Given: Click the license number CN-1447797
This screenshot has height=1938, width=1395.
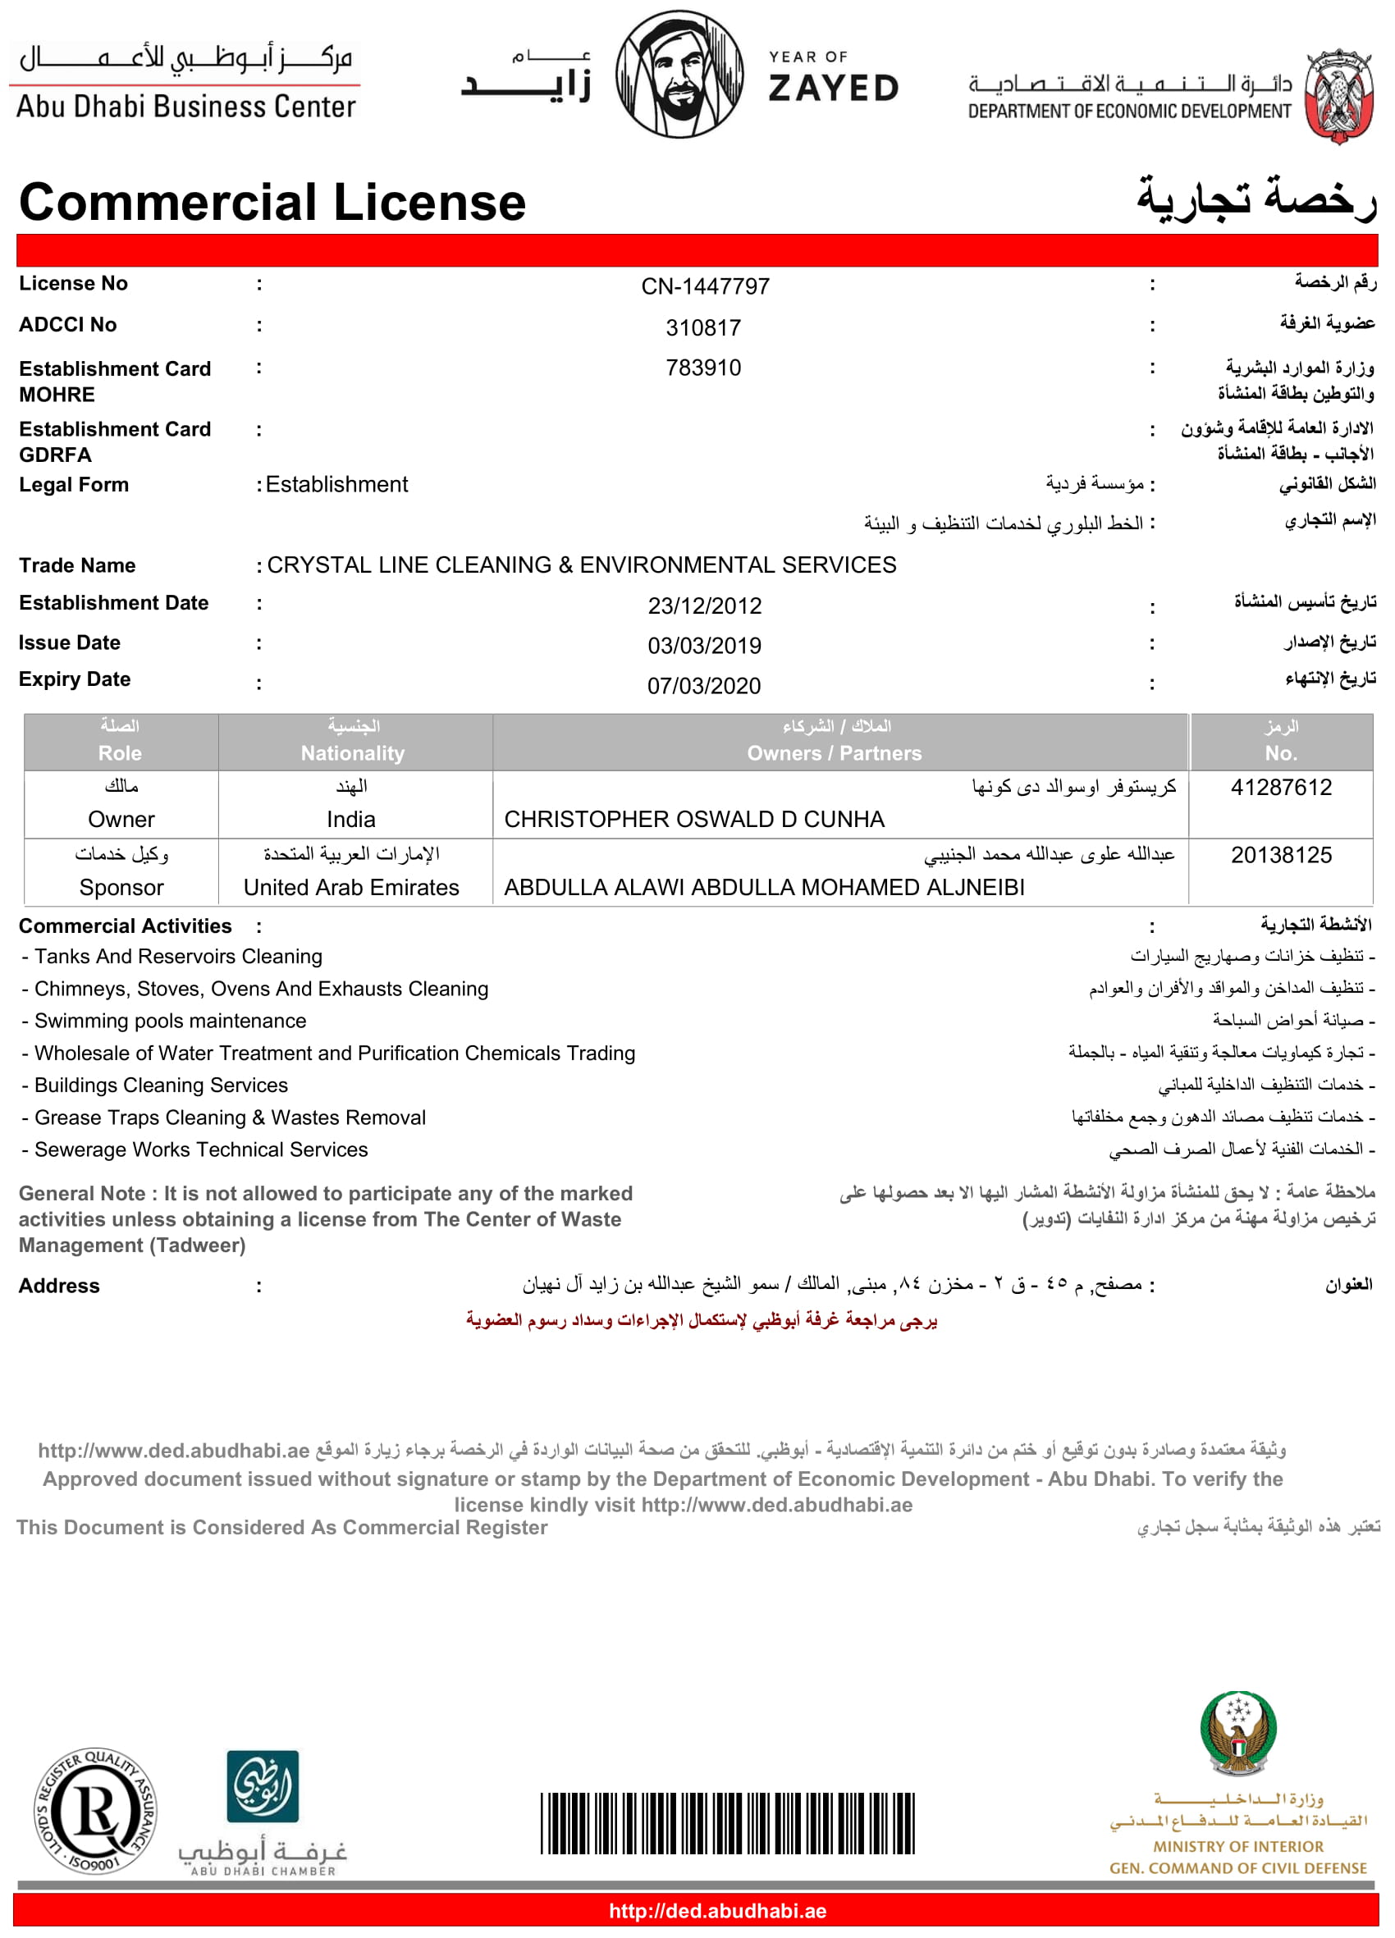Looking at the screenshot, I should (705, 286).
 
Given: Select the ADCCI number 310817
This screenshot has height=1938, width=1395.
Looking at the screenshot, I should (703, 327).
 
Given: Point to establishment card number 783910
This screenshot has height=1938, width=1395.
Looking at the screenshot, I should (703, 368).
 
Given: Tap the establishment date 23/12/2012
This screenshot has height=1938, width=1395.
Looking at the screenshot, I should (704, 606).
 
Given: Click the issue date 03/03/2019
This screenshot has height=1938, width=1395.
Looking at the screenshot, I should (704, 646).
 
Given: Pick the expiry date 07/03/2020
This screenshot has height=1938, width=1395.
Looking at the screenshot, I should (703, 685).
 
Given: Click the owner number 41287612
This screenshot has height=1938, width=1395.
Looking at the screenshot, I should (1280, 787).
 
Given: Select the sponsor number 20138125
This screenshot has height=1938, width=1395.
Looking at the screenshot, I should (1280, 854).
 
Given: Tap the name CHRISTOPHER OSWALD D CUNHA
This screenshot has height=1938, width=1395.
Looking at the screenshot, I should (694, 820).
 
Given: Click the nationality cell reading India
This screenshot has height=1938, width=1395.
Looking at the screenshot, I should (350, 820).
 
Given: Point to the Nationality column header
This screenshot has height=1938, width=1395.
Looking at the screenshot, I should (352, 753).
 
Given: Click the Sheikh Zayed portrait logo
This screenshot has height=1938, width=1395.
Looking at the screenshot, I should (679, 75).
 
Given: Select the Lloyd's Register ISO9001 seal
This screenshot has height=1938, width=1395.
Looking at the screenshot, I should (96, 1811).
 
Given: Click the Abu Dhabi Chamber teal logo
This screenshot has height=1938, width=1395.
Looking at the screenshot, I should (263, 1786).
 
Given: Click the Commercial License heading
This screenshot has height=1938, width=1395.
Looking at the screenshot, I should (272, 203).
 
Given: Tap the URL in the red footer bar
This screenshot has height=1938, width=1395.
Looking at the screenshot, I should (717, 1911).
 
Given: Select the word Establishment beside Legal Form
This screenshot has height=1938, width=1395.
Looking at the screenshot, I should (336, 484).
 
